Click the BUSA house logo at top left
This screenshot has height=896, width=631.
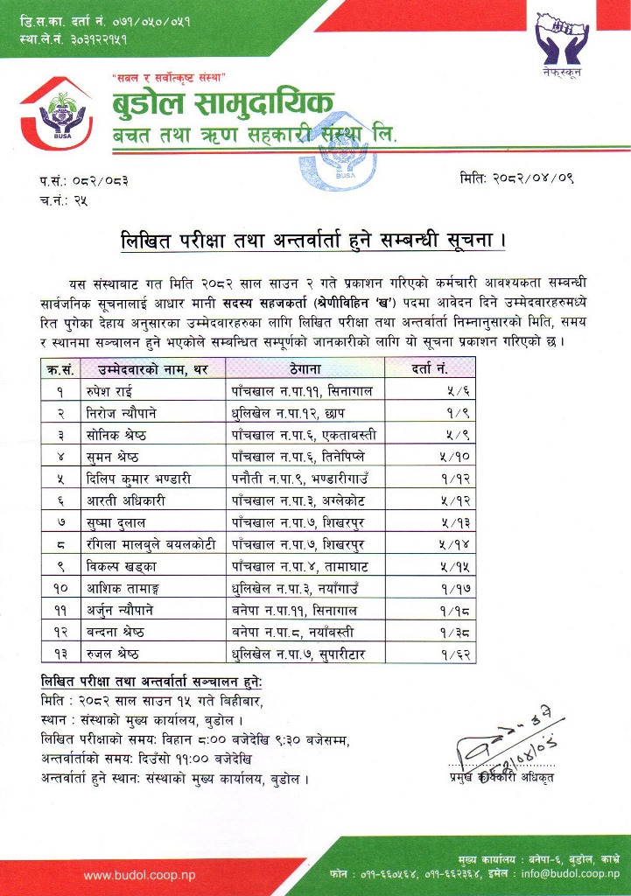(x=55, y=115)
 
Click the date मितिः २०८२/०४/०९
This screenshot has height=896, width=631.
(x=517, y=179)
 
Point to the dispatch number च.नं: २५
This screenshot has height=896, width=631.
(x=63, y=200)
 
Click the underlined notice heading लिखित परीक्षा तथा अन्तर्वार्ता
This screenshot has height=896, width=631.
(x=312, y=239)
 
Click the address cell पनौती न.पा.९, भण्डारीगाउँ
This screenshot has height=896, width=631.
(x=297, y=478)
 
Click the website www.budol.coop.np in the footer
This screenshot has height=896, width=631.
(x=139, y=874)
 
